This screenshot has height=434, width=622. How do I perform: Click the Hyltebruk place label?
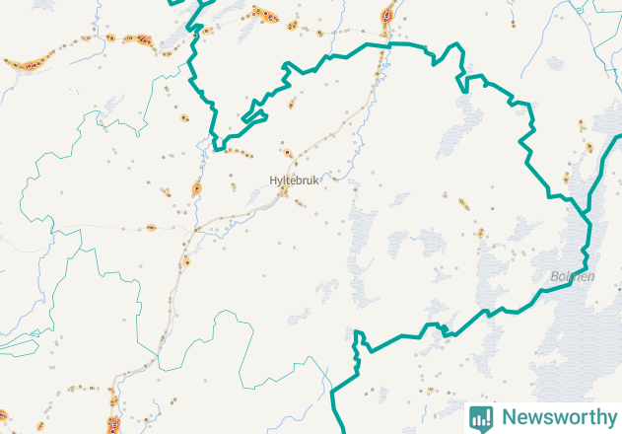pos(295,181)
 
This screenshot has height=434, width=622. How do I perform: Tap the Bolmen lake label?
pos(573,277)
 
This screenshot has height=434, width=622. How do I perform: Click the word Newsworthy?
pos(555,417)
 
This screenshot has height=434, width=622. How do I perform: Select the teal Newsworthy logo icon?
pos(481,417)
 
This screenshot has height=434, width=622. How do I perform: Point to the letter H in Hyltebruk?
pos(273,181)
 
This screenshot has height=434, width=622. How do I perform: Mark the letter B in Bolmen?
pos(555,277)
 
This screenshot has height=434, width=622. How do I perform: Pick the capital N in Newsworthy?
pos(509,417)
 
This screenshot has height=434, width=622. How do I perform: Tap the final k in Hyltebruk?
pos(316,181)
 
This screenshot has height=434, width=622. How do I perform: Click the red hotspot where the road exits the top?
pos(387,15)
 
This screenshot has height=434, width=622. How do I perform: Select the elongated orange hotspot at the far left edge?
pos(26,64)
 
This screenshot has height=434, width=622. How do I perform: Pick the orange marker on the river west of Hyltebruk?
pos(197,187)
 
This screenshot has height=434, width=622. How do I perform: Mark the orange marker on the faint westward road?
pos(150,229)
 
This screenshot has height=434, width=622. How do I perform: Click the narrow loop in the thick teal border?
pos(253,115)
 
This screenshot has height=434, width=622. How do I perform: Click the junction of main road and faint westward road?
pos(195,229)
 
